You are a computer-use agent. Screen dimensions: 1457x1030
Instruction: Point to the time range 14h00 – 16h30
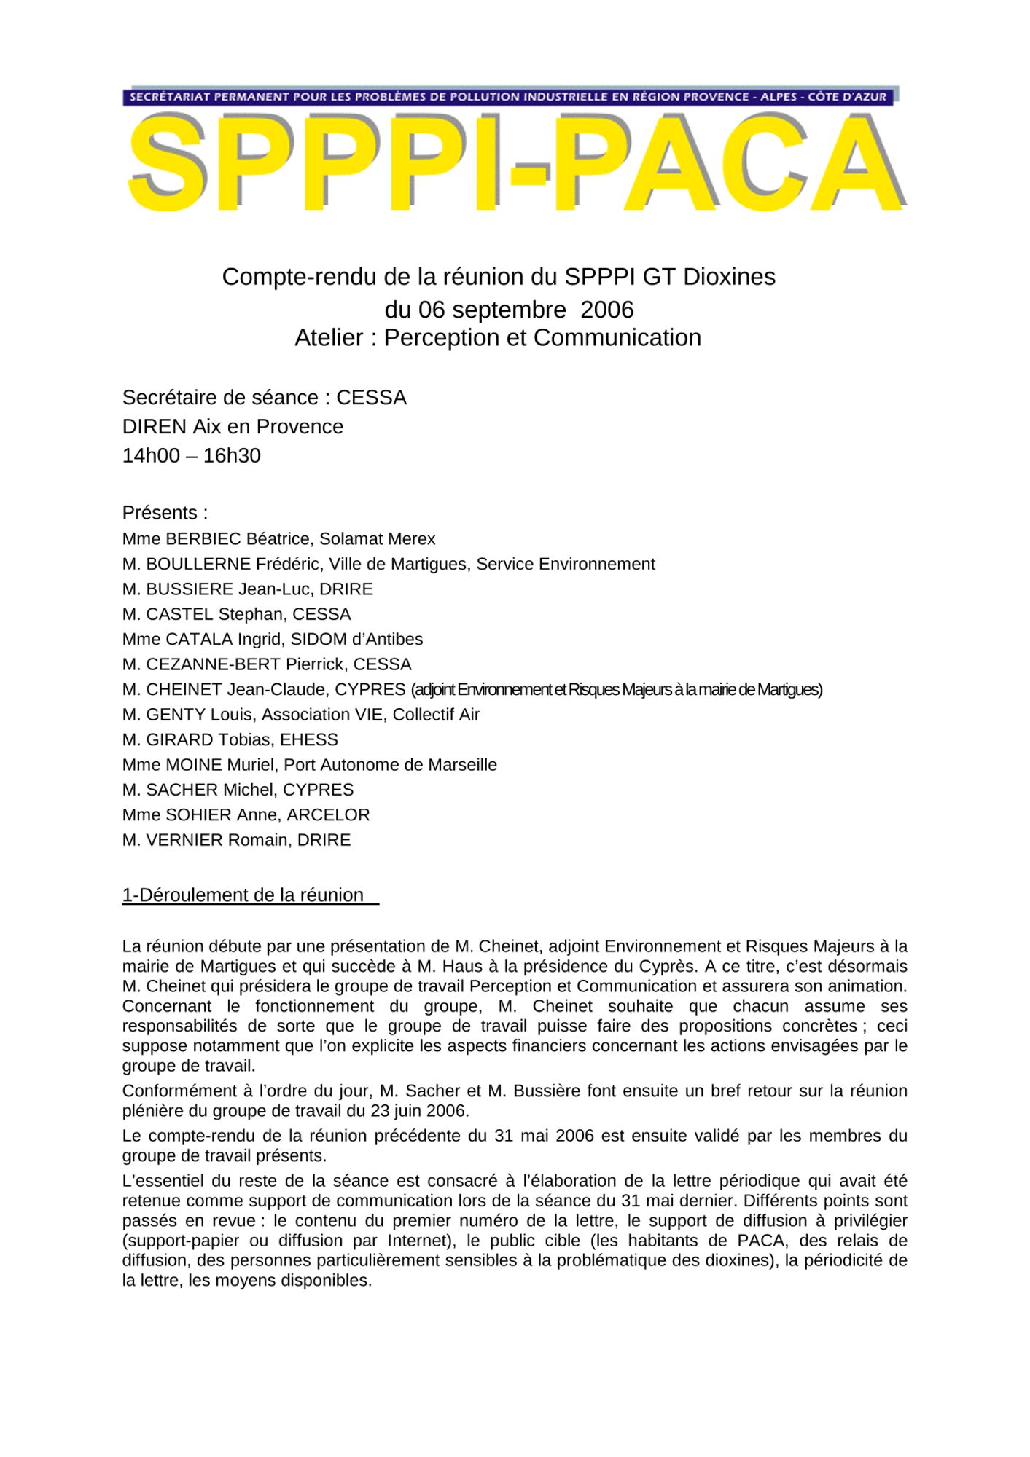point(191,456)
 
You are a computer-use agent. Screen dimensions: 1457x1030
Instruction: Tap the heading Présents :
point(165,513)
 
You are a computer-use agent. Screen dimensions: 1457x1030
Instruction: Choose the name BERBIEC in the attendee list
point(203,539)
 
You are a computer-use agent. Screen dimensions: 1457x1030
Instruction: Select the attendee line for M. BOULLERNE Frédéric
point(389,564)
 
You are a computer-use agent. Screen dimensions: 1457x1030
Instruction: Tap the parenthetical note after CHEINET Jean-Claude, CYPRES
point(617,690)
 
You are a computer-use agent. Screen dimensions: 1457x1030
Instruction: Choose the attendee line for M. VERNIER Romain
point(236,840)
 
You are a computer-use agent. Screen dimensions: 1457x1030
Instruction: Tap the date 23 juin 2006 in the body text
point(415,1111)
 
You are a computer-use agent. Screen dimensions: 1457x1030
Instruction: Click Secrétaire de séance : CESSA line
point(264,398)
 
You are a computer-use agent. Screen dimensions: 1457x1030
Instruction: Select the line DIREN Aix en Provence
point(233,427)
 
